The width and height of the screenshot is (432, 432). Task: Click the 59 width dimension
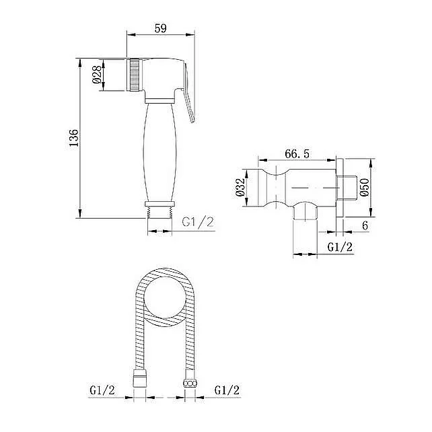click(x=161, y=28)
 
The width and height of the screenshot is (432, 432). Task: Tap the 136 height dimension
click(x=73, y=138)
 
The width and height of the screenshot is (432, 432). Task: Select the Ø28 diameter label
click(x=97, y=75)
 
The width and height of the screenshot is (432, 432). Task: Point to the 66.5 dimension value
click(x=297, y=153)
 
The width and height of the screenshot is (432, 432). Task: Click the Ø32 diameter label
click(x=240, y=187)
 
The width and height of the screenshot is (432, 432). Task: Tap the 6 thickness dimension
click(x=365, y=225)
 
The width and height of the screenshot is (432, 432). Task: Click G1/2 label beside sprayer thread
click(x=198, y=222)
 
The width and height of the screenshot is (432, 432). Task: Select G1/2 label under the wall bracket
click(x=340, y=247)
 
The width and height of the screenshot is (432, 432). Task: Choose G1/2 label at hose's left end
click(x=102, y=390)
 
